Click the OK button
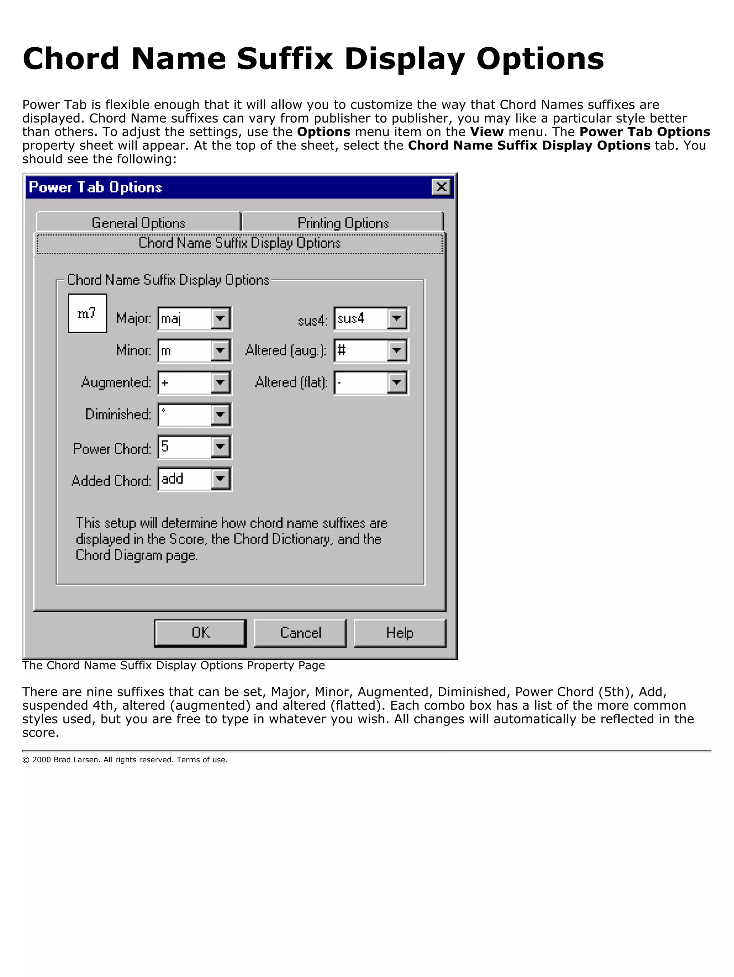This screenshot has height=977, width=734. pyautogui.click(x=200, y=633)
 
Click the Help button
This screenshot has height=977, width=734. pyautogui.click(x=400, y=633)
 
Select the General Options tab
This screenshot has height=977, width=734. pyautogui.click(x=138, y=223)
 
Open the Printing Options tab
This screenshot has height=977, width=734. pyautogui.click(x=343, y=223)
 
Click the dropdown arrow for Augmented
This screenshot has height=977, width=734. pyautogui.click(x=220, y=382)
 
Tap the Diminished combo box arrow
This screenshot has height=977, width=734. pyautogui.click(x=220, y=415)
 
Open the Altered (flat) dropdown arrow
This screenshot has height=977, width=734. pyautogui.click(x=397, y=382)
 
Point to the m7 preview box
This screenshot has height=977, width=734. pyautogui.click(x=87, y=313)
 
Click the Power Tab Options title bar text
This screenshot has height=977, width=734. pyautogui.click(x=95, y=187)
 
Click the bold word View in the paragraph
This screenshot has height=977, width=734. pyautogui.click(x=486, y=132)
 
